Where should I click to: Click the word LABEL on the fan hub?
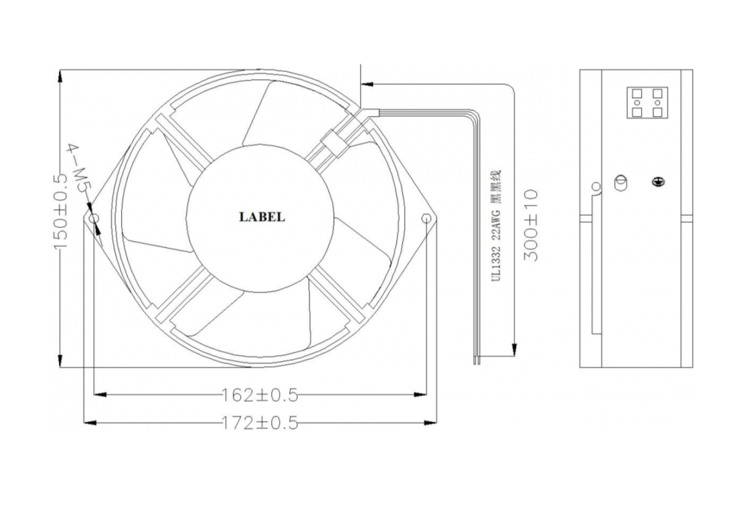262,217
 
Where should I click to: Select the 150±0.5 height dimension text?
61,213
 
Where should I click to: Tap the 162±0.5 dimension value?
260,395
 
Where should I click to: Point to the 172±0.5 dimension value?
260,423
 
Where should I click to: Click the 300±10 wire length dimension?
530,225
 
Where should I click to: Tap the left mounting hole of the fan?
93,218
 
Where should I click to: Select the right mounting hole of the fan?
426,218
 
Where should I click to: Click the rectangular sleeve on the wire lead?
333,144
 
